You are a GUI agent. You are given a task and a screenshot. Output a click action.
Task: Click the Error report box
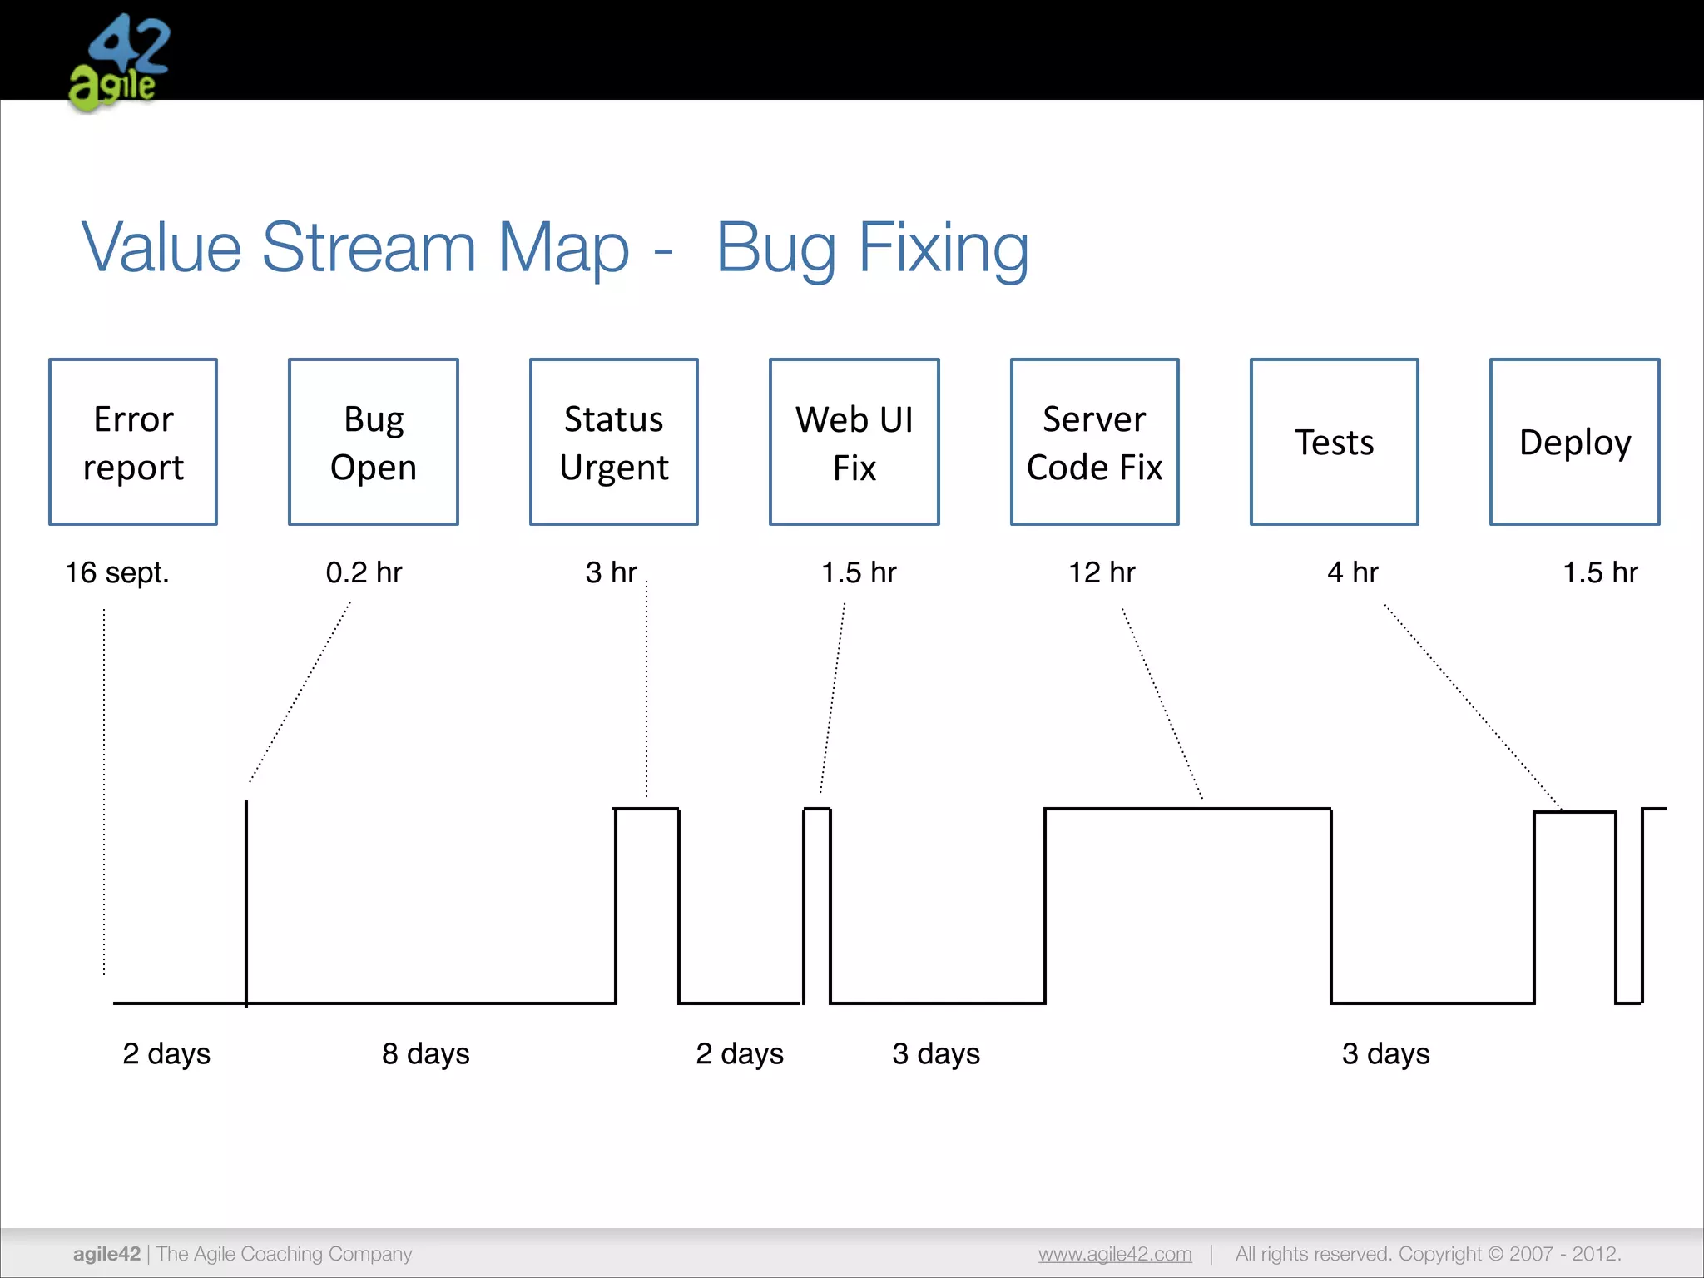tap(133, 442)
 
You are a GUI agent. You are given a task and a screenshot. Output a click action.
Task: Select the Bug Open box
tap(374, 442)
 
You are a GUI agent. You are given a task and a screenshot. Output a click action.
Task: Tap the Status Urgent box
tap(614, 442)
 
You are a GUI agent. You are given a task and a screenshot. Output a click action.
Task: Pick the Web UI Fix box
tap(854, 442)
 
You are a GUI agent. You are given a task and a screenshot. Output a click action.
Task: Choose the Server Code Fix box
tap(1094, 442)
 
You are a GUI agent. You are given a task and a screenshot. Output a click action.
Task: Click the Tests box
tap(1334, 442)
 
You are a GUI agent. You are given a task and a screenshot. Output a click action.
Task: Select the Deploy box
tap(1574, 442)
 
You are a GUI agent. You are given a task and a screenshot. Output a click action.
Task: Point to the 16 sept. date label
tap(117, 572)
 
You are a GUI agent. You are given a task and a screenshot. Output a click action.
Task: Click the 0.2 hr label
tap(364, 572)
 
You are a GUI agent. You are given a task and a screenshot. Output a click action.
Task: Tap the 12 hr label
tap(1102, 572)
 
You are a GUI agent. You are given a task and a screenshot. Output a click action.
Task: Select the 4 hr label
tap(1353, 572)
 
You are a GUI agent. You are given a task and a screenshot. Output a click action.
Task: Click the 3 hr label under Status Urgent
tap(611, 572)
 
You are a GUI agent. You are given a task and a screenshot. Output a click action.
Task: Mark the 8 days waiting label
tap(426, 1053)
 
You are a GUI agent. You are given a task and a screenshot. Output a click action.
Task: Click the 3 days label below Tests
tap(1385, 1053)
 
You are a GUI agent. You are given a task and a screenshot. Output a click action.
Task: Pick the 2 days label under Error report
tap(166, 1053)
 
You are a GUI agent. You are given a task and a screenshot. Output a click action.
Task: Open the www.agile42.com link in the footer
tap(1115, 1254)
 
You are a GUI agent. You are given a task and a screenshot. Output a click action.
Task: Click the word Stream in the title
tap(369, 247)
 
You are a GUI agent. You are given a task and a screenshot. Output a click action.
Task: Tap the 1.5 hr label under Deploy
tap(1599, 572)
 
